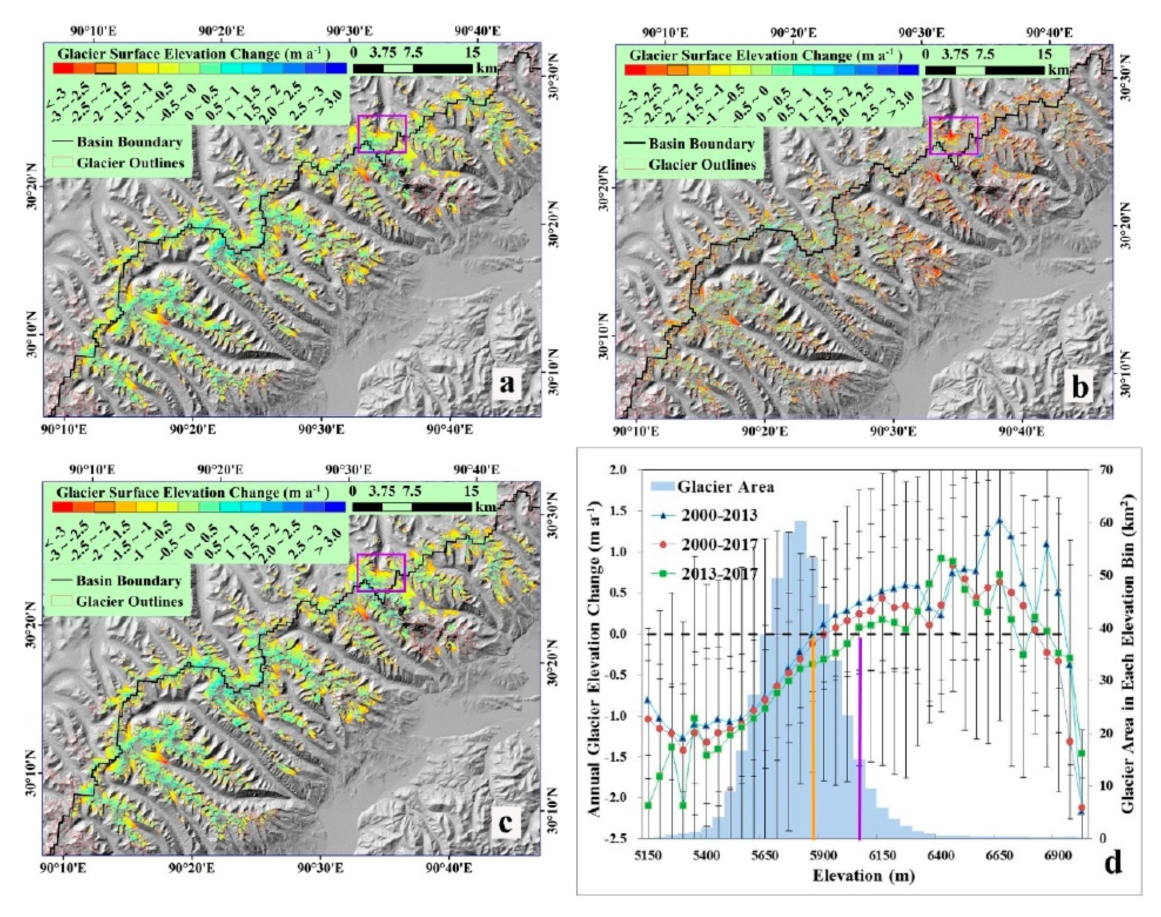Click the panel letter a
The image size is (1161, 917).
coord(507,385)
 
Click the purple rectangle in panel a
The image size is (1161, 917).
coord(382,134)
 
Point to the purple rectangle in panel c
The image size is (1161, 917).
coord(381,573)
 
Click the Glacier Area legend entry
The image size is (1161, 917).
coord(725,487)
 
